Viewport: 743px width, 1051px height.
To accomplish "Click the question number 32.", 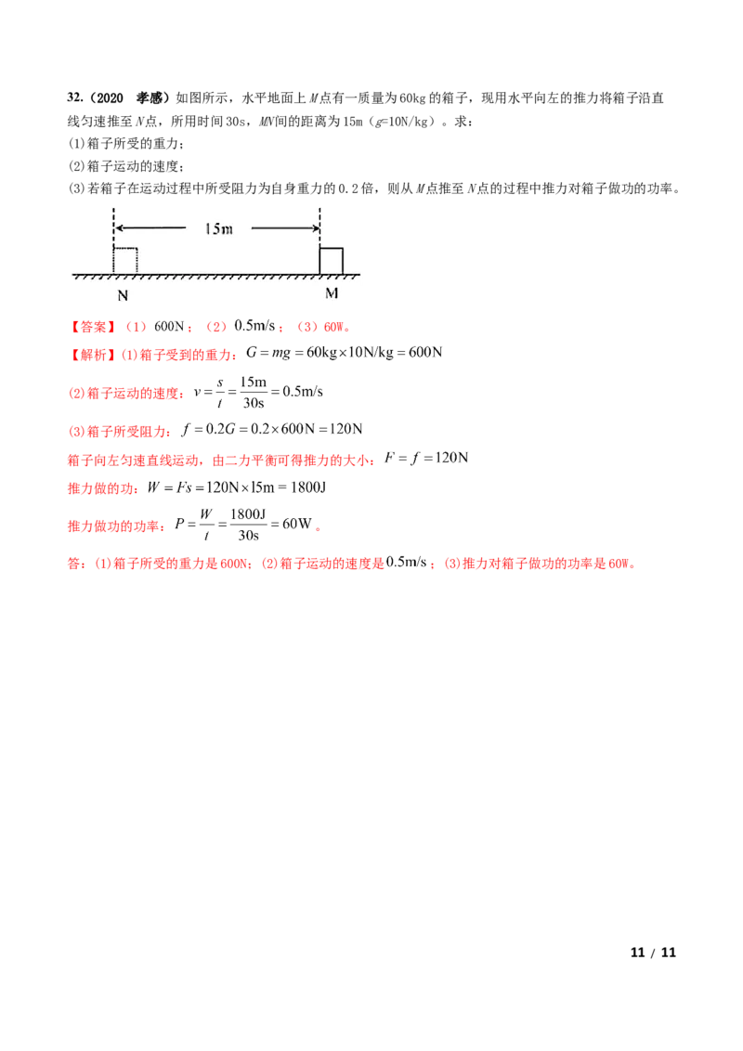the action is (75, 97).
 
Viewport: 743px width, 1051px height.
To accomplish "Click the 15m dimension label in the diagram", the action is (218, 228).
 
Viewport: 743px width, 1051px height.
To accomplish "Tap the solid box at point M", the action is (332, 261).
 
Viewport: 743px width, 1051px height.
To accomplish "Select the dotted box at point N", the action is (125, 261).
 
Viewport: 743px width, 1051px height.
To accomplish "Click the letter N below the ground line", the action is (123, 295).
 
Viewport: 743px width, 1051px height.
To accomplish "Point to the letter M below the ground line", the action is (332, 293).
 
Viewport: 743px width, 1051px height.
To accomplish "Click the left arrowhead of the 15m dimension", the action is (119, 227).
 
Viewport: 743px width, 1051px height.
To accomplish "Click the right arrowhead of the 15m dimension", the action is (315, 227).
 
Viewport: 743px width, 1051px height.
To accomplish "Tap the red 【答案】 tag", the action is (93, 327).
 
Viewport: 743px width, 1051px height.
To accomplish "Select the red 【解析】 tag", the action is (93, 355).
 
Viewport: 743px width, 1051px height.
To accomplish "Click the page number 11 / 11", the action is (653, 953).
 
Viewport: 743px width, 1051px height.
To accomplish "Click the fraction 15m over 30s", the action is (254, 392).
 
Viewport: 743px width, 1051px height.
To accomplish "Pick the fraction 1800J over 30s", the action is (248, 525).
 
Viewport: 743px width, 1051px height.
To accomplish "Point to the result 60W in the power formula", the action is (297, 524).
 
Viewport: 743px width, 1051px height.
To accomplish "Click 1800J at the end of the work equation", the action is (308, 487).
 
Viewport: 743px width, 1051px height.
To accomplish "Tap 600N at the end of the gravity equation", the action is (425, 353).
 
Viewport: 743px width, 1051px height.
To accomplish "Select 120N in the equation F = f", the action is (451, 458).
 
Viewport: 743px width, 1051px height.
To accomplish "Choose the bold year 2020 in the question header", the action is (110, 97).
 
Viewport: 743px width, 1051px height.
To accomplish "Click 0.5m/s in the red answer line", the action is (254, 326).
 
